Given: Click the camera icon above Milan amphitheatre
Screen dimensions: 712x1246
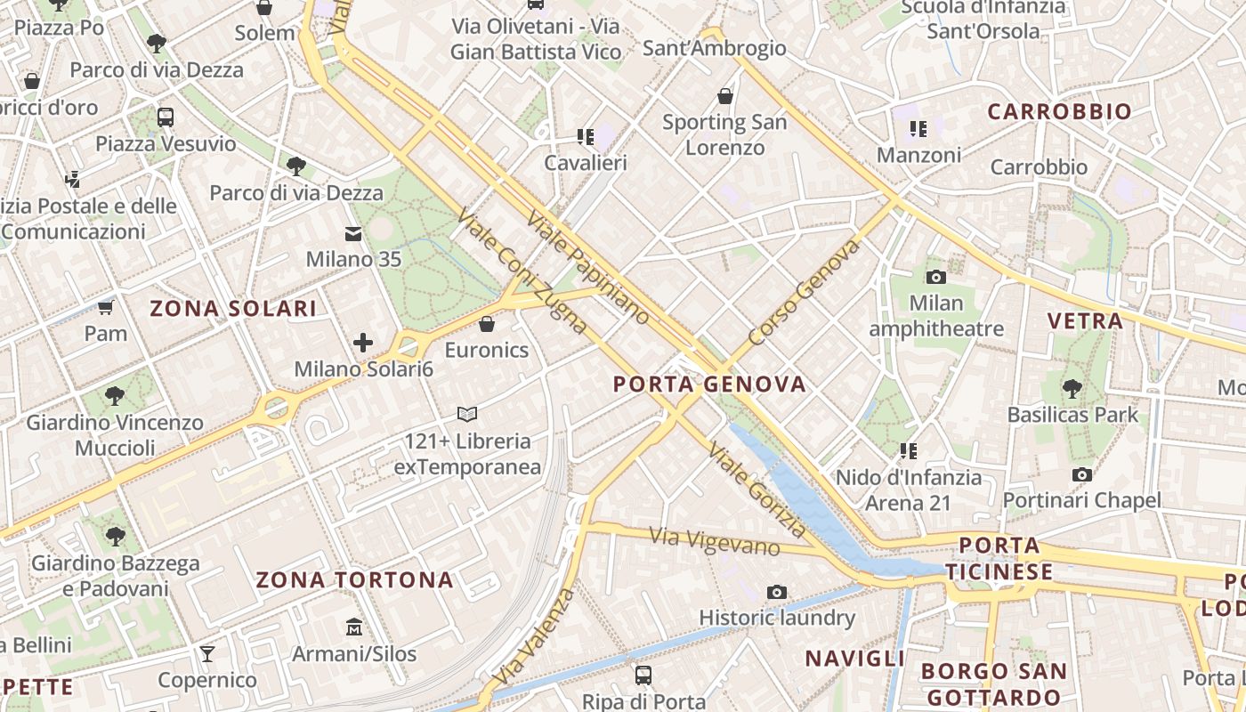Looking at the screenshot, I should (x=935, y=277).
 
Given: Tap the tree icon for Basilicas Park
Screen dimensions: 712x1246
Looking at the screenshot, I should (x=1072, y=388).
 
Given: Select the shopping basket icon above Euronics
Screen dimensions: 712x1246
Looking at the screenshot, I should (x=486, y=323).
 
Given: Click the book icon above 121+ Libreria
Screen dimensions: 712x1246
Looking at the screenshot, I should (x=467, y=414).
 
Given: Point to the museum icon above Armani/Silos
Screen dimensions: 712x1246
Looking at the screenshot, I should (x=354, y=627).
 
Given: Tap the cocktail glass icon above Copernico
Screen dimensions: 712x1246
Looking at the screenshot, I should (x=207, y=654).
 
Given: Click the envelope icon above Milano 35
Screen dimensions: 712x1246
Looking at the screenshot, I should (x=353, y=234).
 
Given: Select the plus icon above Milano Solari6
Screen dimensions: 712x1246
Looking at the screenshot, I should (x=363, y=342).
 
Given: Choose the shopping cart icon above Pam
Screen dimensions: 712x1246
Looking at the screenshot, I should (x=106, y=308).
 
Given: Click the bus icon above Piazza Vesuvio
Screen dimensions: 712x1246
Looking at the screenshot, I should (x=166, y=117).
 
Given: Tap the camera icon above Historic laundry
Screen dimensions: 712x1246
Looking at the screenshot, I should (x=777, y=592).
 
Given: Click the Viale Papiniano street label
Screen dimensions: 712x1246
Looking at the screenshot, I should (x=588, y=267).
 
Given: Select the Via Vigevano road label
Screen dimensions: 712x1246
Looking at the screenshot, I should (x=715, y=540).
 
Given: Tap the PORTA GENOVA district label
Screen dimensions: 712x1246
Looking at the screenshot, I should (x=709, y=384).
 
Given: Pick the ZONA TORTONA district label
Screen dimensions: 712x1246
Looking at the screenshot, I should (x=355, y=580).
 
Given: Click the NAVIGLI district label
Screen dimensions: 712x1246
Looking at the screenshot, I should (x=854, y=659).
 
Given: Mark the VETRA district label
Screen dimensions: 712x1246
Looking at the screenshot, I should (x=1085, y=321).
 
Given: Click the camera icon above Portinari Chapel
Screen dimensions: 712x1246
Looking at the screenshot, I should (x=1081, y=474).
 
